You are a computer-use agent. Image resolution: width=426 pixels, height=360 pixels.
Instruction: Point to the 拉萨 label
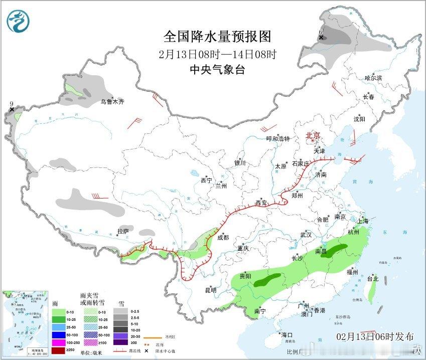(123, 231)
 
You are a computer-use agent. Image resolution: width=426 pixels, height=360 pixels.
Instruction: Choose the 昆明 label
(211, 290)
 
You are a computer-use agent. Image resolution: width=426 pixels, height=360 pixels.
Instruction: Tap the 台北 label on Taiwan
(373, 278)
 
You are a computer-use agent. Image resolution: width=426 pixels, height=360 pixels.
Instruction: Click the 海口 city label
(287, 334)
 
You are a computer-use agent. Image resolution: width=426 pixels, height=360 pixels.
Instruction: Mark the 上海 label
(362, 221)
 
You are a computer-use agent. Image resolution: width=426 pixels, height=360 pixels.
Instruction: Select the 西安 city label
(261, 203)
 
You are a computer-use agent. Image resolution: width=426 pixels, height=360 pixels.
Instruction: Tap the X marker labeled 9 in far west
(12, 109)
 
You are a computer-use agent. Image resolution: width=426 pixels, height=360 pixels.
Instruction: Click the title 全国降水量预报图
(217, 37)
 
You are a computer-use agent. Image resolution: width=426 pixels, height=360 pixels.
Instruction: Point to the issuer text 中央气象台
(217, 70)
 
